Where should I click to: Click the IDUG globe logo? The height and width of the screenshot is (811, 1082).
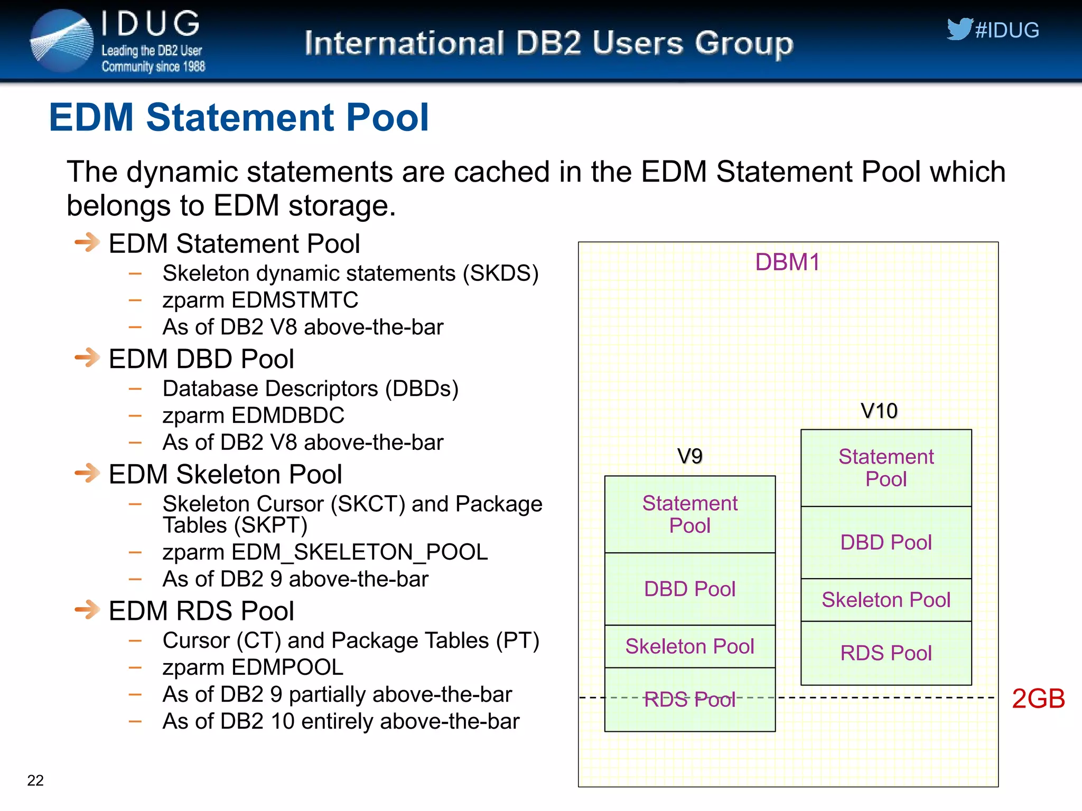click(62, 41)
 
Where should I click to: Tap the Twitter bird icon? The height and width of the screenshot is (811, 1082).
click(959, 29)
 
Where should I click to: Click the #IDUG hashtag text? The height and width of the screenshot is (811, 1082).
click(1007, 31)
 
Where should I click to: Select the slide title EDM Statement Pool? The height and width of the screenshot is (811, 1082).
click(239, 117)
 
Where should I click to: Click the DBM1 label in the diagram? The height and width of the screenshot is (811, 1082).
click(787, 262)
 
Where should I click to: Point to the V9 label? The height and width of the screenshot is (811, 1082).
click(689, 456)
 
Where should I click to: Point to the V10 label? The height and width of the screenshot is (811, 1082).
click(879, 411)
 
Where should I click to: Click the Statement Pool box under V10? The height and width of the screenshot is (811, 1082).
click(886, 468)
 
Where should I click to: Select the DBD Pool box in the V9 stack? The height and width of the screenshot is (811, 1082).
click(689, 589)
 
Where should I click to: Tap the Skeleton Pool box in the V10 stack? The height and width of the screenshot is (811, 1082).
click(886, 600)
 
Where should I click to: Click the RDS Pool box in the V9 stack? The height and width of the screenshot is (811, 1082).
click(689, 700)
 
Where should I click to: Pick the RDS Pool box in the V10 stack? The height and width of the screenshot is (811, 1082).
click(886, 653)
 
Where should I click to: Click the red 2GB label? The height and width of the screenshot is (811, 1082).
click(1038, 699)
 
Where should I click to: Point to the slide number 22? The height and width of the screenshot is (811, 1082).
click(35, 780)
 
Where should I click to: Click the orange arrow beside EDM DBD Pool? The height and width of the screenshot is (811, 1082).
click(88, 358)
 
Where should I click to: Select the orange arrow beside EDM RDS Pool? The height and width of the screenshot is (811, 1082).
click(88, 610)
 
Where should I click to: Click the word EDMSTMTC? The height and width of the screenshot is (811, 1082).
click(295, 300)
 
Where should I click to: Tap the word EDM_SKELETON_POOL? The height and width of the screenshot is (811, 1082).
click(359, 552)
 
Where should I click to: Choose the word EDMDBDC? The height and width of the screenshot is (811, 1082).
click(287, 416)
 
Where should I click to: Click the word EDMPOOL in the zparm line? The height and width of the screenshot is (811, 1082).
click(287, 667)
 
